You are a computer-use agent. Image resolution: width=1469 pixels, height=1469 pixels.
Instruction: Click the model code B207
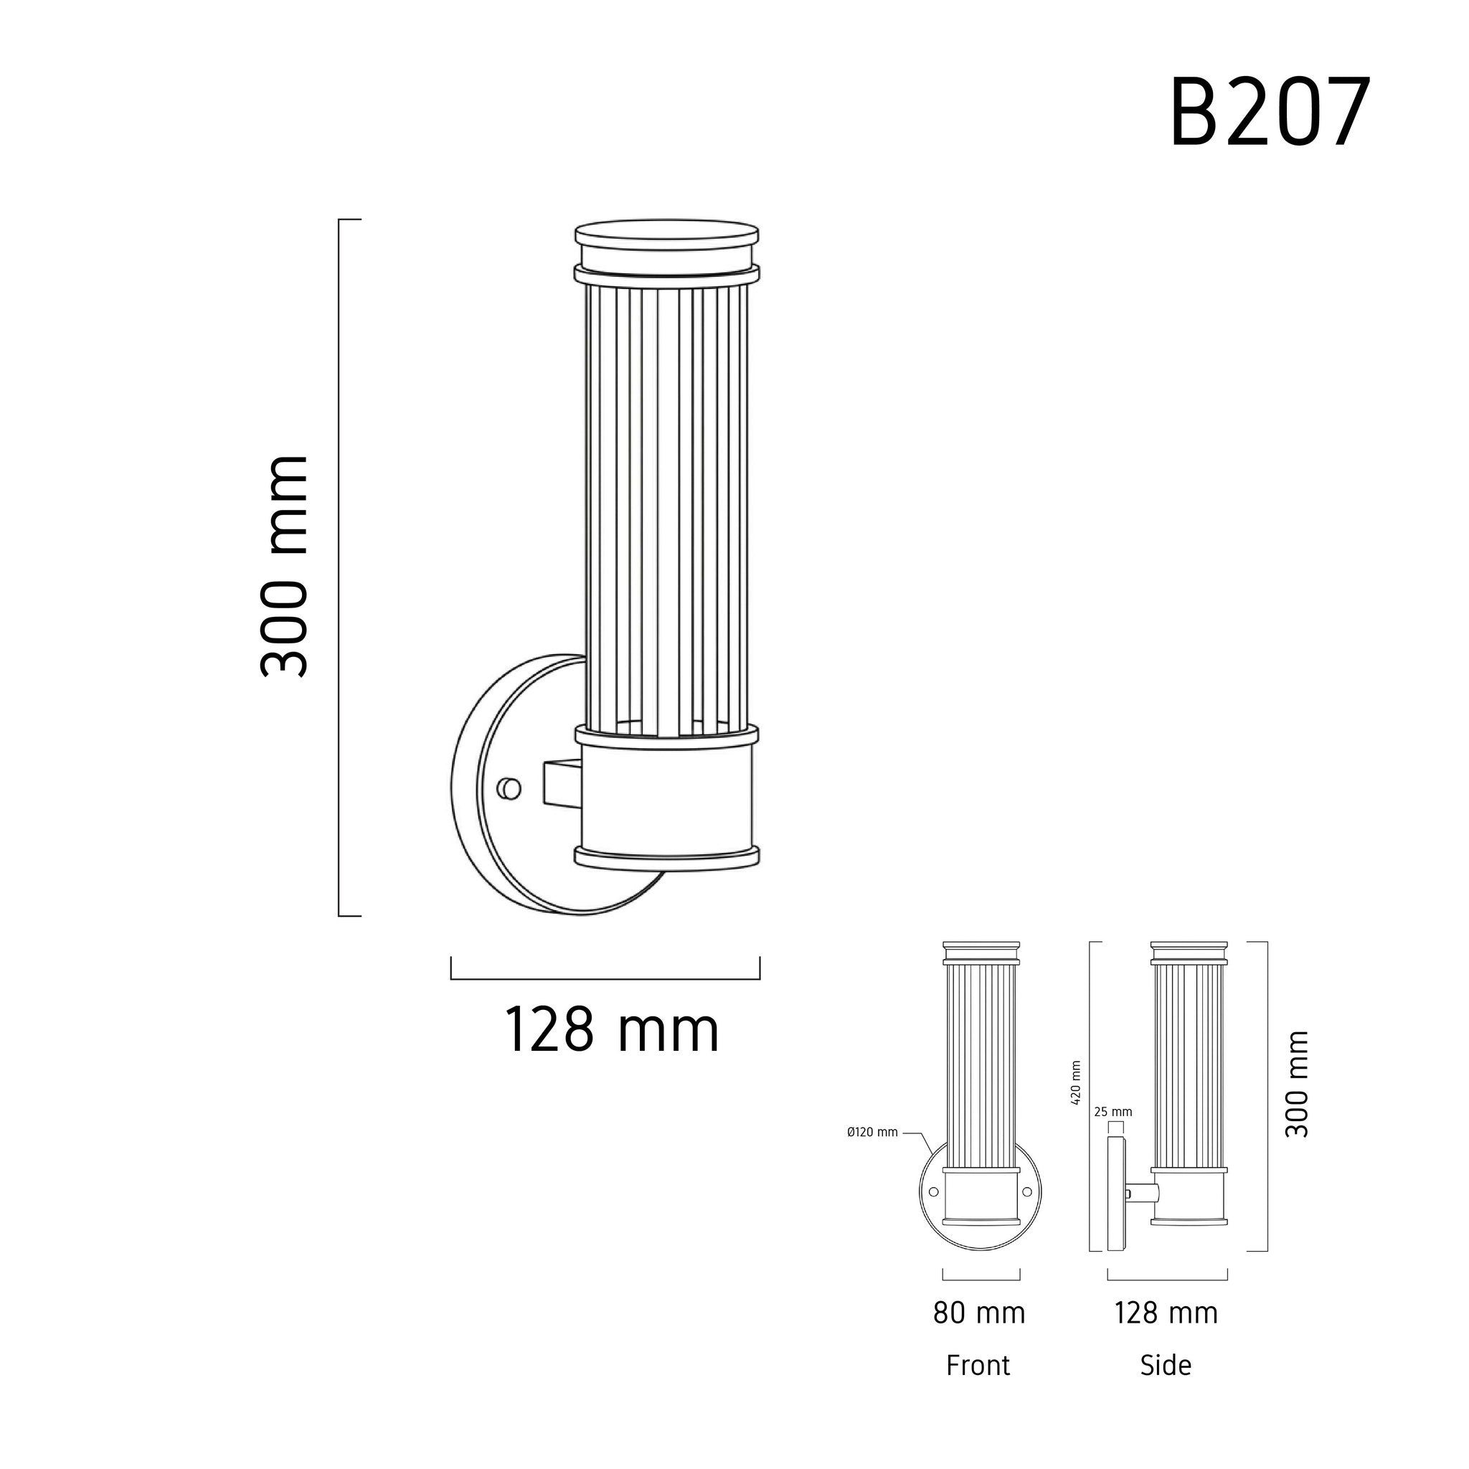coord(1268,113)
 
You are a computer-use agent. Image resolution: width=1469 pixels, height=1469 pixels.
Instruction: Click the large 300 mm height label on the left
coord(283,567)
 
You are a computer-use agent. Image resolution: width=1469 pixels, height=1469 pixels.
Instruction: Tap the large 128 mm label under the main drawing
coord(611,1030)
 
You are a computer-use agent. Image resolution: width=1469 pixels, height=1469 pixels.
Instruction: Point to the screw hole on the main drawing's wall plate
coord(509,788)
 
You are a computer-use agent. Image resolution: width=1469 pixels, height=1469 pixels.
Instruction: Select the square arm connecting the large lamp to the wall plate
coord(562,782)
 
